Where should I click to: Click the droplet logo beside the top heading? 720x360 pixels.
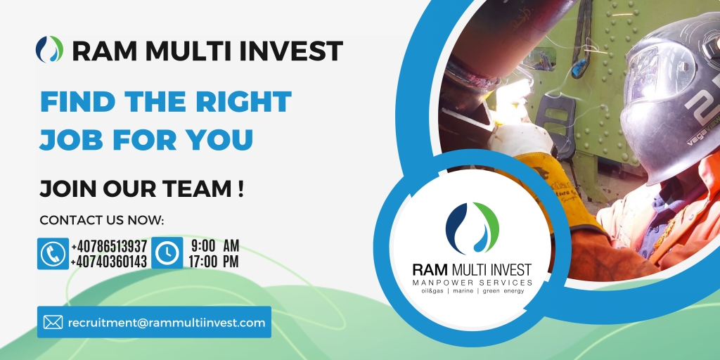coord(50,49)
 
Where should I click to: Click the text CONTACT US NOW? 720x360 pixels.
coord(102,220)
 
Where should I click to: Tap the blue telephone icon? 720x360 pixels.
coord(53,253)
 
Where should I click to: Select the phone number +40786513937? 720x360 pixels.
coord(109,245)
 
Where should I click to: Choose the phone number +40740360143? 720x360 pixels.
coord(109,262)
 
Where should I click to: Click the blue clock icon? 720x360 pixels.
coord(167,253)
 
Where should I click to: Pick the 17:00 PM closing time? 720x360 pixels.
coord(214,262)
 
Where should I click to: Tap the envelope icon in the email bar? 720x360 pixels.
coord(53,322)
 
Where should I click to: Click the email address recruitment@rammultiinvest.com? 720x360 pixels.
coord(167,323)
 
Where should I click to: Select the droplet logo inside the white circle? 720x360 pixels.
coord(472,229)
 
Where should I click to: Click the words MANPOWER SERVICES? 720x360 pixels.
coord(472,282)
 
